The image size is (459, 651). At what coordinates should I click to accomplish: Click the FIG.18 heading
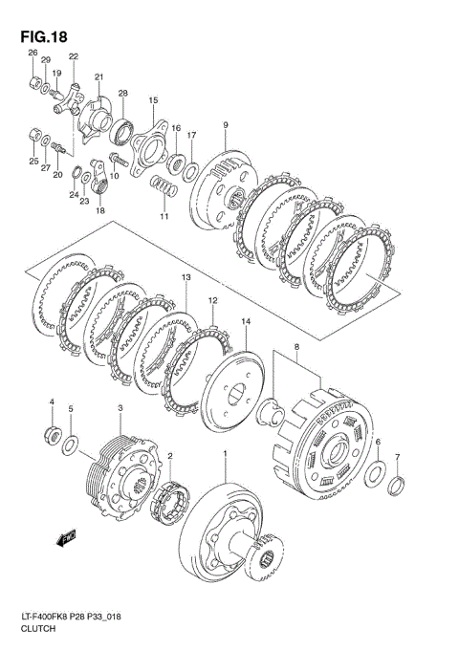pos(44,36)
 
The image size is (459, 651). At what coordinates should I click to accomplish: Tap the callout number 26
pos(33,53)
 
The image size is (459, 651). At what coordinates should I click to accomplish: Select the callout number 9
pos(226,124)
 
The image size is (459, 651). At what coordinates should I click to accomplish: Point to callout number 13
pos(186,276)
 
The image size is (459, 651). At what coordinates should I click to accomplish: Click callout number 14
pos(247,321)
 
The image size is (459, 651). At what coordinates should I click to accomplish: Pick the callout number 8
pos(295,347)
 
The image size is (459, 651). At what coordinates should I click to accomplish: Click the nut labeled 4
pos(53,435)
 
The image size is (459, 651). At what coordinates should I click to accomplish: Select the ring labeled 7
pos(396,486)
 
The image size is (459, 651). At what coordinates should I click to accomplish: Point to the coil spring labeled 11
pos(164,186)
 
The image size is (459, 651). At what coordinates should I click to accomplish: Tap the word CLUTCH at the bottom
pos(38,628)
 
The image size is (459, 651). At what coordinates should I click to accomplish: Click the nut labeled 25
pos(34,136)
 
